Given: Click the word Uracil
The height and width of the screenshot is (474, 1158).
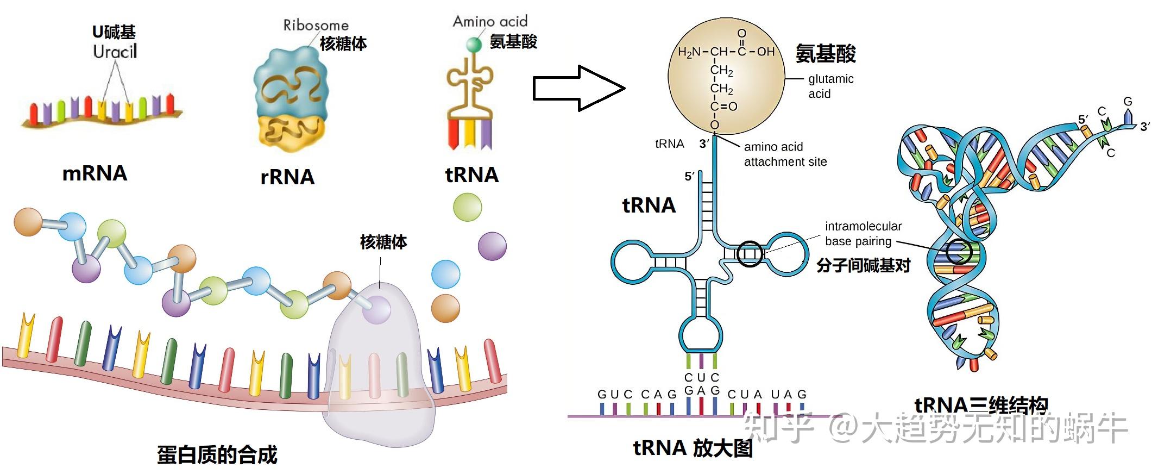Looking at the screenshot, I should [115, 52].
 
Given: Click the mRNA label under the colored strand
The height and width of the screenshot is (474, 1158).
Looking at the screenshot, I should [95, 173].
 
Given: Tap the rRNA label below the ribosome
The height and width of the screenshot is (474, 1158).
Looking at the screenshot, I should [287, 177].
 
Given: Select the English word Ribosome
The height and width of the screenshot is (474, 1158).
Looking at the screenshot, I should [316, 25].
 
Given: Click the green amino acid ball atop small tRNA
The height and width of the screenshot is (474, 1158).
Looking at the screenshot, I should [474, 44].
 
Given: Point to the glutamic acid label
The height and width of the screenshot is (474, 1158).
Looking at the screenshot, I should [830, 86].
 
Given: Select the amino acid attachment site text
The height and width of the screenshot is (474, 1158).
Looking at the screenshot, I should [785, 154].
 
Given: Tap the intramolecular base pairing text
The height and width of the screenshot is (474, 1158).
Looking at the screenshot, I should [863, 233].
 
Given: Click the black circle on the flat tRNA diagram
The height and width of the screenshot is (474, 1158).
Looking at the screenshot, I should [750, 253].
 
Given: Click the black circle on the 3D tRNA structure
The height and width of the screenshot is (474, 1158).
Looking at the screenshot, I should [959, 252].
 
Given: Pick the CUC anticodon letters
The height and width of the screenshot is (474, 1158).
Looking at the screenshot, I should [701, 377].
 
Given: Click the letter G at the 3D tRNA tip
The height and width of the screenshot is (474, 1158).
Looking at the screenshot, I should [1128, 102].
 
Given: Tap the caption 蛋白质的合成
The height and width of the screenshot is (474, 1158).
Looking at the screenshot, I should [217, 454].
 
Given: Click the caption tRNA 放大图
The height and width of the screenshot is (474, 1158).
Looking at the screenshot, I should [693, 448].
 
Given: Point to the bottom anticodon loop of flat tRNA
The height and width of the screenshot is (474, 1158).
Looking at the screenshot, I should [701, 334].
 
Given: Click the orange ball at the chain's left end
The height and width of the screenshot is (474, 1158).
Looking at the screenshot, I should [28, 221].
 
